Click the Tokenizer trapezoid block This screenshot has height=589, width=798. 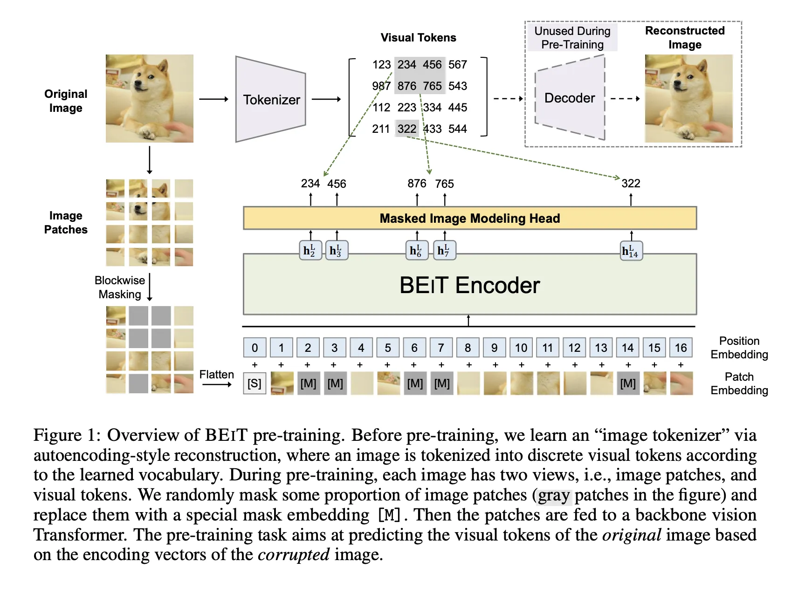(271, 99)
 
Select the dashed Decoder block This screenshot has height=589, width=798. (570, 98)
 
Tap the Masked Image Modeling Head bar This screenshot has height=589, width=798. (469, 218)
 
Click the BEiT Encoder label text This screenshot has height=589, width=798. (469, 285)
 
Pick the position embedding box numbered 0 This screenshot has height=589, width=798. (255, 348)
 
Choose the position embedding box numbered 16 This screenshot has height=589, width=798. (681, 348)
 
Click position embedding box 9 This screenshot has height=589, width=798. (494, 348)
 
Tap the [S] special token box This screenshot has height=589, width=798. (255, 384)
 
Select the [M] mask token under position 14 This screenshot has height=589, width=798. (627, 384)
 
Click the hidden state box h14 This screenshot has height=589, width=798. (631, 251)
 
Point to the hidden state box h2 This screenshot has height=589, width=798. (310, 251)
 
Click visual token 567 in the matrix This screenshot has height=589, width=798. (457, 65)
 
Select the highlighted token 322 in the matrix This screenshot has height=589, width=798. (406, 129)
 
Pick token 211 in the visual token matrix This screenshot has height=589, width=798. (381, 129)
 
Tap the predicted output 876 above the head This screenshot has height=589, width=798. (417, 184)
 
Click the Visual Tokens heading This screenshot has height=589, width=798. (418, 38)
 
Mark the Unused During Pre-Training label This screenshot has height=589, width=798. (572, 38)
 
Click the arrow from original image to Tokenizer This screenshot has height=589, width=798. (213, 99)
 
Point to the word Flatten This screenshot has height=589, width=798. (216, 375)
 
